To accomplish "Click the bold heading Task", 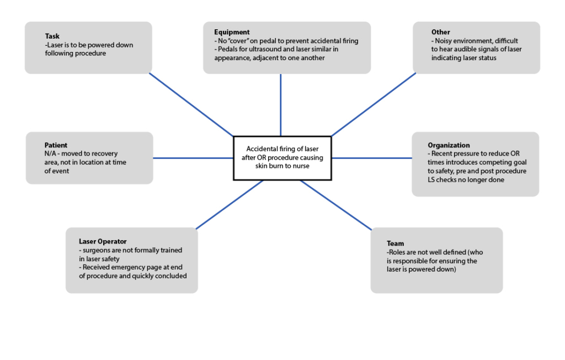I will coord(52,36).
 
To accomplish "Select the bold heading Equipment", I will coord(232,32).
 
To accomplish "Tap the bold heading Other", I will coord(441,32).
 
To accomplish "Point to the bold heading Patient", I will coord(56,145).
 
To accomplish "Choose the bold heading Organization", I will coord(449,145).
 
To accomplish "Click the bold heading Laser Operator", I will coord(103,241).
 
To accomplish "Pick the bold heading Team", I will coord(395,243).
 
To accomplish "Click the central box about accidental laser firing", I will coord(282,157).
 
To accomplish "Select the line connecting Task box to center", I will coord(191,105).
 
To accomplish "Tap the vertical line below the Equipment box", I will coord(281,104).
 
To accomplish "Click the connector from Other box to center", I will coord(374,104).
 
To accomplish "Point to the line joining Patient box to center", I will coord(193,158).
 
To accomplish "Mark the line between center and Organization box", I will coord(371,158).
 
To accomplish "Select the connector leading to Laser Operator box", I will coord(230,204).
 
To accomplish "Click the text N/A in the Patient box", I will coord(51,153).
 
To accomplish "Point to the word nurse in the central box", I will coord(300,166).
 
